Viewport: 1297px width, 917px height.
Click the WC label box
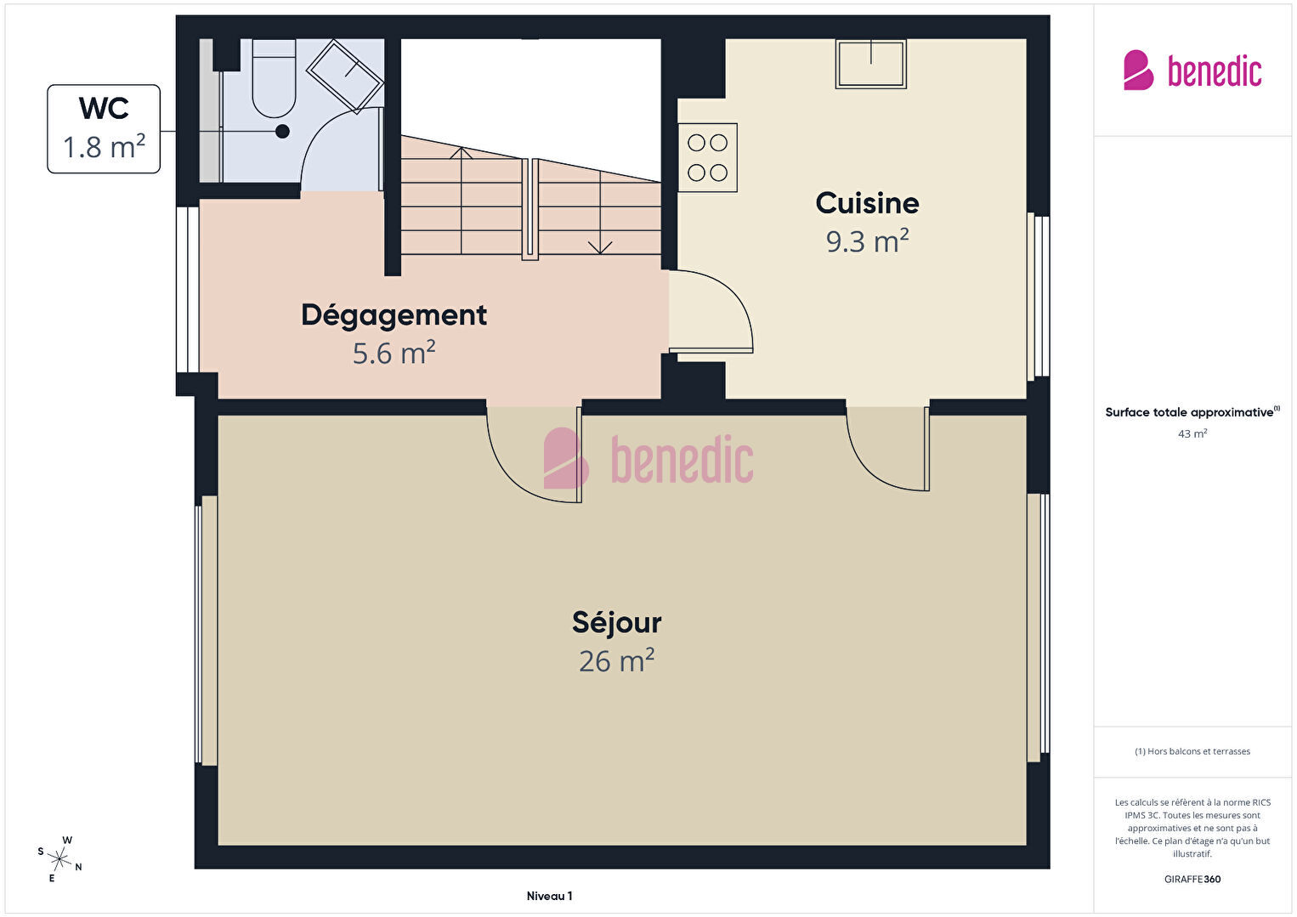104,129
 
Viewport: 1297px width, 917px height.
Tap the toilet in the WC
274,78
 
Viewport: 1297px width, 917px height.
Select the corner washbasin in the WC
344,75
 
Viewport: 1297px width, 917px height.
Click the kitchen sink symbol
871,64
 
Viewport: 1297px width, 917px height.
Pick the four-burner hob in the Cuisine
707,157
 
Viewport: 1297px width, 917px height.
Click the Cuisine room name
868,203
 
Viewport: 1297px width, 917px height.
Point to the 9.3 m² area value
868,241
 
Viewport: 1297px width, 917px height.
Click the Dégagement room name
394,315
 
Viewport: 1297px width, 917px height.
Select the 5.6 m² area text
394,353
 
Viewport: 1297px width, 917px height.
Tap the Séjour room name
617,623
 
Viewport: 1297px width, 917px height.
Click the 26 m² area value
617,660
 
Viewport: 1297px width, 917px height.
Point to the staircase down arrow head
600,248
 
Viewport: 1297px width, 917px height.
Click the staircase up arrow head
461,153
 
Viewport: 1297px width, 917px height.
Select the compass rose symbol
59,859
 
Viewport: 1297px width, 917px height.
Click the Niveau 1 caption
550,896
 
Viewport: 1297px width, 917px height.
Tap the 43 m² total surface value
1192,433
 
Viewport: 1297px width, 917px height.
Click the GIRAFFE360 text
1192,879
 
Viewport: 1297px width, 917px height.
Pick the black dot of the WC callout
282,132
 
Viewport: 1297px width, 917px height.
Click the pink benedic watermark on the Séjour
648,459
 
